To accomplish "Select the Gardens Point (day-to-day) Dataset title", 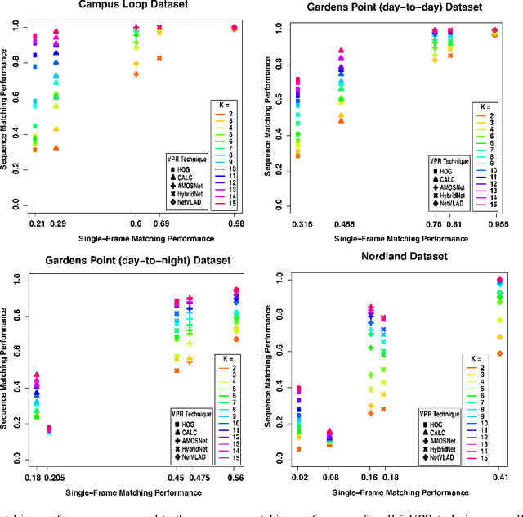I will tap(398, 7).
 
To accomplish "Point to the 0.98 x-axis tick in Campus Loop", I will tap(234, 223).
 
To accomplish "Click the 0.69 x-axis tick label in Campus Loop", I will tap(159, 223).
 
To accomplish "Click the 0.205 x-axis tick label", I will tap(54, 476).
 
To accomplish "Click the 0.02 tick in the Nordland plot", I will tap(299, 477).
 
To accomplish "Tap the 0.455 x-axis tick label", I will tap(341, 223).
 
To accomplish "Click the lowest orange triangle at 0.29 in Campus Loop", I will tap(56, 148).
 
